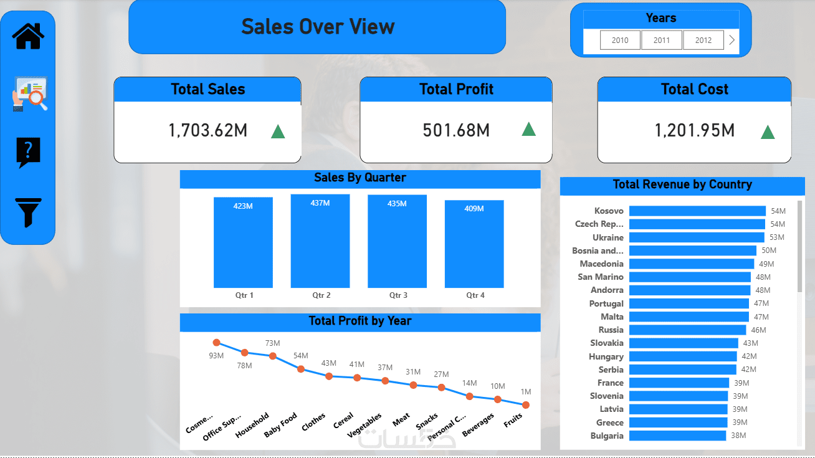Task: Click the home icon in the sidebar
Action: point(28,36)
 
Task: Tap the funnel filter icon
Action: point(28,212)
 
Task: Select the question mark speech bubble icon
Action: point(28,152)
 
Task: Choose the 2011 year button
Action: point(662,40)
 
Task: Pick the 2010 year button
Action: point(620,40)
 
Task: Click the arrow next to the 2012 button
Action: point(732,40)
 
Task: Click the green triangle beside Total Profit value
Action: point(528,129)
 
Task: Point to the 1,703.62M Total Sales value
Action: point(208,130)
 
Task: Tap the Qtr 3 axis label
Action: point(398,295)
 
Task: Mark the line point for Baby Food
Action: point(301,369)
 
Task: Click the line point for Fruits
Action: point(526,405)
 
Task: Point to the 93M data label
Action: point(216,355)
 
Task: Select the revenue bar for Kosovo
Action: point(697,211)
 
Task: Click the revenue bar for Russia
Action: point(687,330)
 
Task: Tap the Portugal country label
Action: point(606,303)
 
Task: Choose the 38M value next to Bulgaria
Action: point(738,436)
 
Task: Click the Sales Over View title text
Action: point(318,27)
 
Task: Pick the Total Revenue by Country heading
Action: point(682,184)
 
